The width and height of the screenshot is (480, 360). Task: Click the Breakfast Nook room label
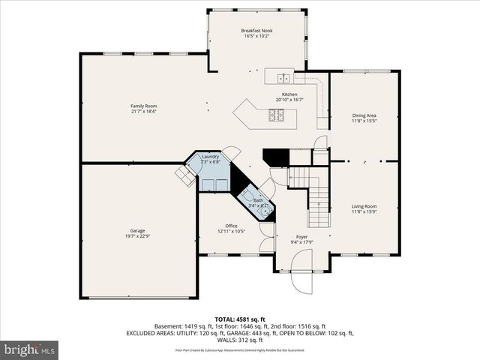coord(256,30)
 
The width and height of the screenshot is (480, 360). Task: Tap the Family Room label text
coord(144,106)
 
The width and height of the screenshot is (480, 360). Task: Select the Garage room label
coord(137,230)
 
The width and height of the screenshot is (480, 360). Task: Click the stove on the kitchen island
coord(276,115)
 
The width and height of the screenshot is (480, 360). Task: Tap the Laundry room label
coord(210,156)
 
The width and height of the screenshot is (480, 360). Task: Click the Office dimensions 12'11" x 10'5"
coord(232,231)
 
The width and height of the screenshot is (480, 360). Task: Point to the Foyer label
coord(303,236)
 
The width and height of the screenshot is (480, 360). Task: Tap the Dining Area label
coord(364,115)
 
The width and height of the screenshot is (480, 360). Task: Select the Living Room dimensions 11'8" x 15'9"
coord(364,212)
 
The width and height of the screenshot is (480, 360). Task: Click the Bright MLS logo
coord(30,349)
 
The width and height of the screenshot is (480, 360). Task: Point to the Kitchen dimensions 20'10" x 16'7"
coord(289,100)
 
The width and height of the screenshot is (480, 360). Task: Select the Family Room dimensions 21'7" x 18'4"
coord(144,112)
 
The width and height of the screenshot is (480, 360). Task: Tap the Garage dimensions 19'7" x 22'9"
coord(137,235)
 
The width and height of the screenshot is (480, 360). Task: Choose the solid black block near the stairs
coord(274,157)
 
